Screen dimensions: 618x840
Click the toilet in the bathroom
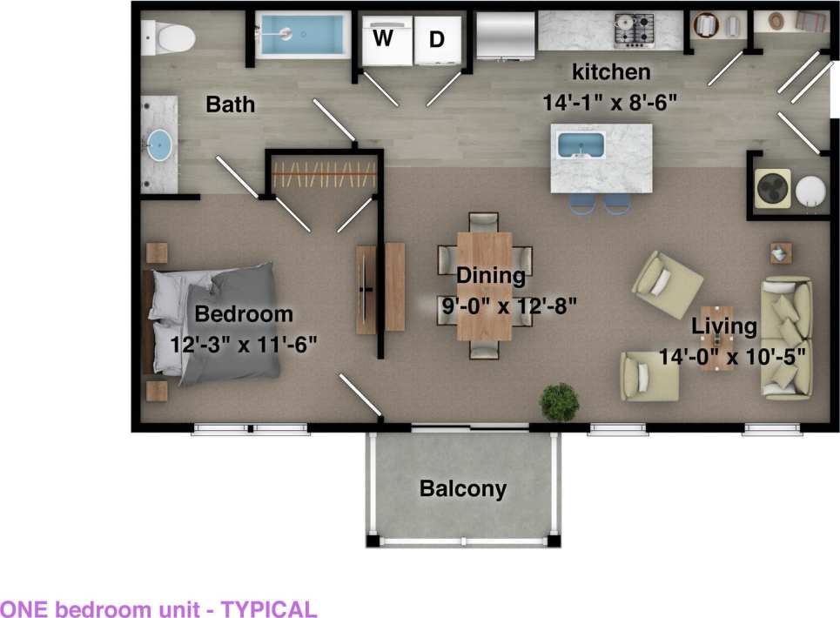click(x=171, y=37)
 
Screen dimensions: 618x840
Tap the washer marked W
click(x=382, y=40)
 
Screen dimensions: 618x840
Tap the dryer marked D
click(x=436, y=40)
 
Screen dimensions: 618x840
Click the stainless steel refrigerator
click(x=506, y=37)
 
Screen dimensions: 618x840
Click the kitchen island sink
click(x=580, y=145)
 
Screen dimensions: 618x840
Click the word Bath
click(x=231, y=104)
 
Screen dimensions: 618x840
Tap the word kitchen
click(x=609, y=71)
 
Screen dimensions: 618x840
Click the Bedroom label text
click(x=244, y=313)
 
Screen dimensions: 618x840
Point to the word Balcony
click(x=462, y=489)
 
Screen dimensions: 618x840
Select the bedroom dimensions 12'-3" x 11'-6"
click(x=243, y=343)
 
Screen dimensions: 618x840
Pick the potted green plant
click(x=559, y=401)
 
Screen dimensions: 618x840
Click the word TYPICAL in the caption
click(x=269, y=608)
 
